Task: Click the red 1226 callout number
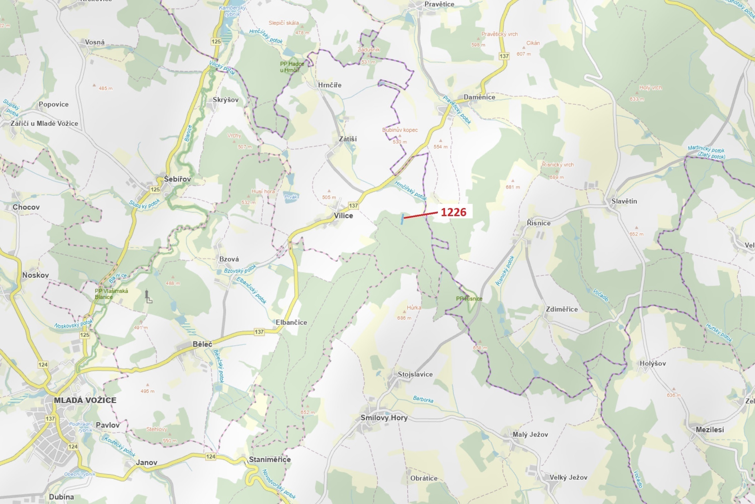tap(453, 212)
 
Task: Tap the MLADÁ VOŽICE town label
tap(85, 400)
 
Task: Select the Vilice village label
tap(343, 215)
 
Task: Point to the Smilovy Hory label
tap(384, 418)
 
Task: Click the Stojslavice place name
tap(415, 374)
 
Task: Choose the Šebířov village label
tap(177, 179)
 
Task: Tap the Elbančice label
tap(291, 322)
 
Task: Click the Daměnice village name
tap(479, 97)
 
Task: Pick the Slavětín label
tap(624, 201)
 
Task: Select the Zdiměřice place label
tap(562, 309)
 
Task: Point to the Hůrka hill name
tap(414, 308)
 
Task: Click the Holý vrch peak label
tap(650, 88)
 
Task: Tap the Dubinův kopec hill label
tap(400, 130)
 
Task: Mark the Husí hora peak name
tap(263, 192)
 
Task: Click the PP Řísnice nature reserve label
tap(469, 299)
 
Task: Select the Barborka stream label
tap(423, 399)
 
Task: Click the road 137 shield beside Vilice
tap(353, 205)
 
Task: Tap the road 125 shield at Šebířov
tap(155, 190)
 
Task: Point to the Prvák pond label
tap(291, 197)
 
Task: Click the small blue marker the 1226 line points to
tap(402, 219)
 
